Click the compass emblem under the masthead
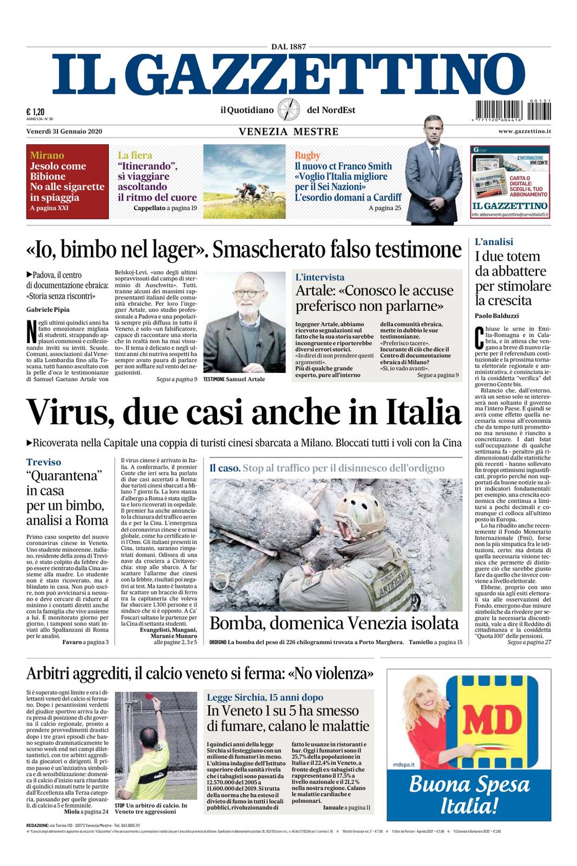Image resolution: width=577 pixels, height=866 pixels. (x=289, y=110)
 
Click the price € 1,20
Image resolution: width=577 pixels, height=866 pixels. (x=35, y=111)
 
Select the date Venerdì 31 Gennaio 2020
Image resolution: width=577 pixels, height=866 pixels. (x=64, y=132)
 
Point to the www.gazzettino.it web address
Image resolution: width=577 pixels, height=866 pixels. (x=524, y=132)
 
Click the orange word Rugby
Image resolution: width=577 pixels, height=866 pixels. (x=307, y=155)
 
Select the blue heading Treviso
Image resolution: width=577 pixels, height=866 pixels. (x=44, y=462)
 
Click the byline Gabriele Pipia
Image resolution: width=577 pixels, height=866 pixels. (x=48, y=310)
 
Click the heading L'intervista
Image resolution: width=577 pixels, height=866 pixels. (x=320, y=277)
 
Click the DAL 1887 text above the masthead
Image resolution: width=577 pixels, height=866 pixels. (x=289, y=47)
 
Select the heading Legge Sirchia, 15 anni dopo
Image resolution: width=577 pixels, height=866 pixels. (x=265, y=697)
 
